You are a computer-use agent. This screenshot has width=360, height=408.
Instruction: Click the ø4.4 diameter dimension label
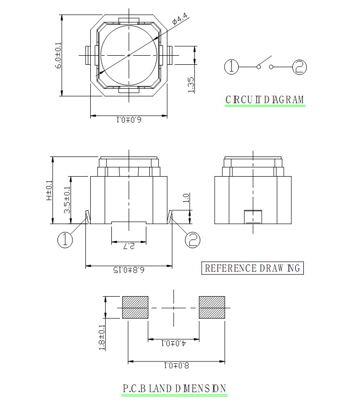(180, 18)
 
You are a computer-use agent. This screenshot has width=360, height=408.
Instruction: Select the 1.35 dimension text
(191, 84)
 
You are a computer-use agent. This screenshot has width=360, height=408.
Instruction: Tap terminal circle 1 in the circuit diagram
(231, 67)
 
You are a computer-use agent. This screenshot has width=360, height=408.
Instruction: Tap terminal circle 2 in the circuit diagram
(300, 67)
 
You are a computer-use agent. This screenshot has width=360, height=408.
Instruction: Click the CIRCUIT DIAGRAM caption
(265, 100)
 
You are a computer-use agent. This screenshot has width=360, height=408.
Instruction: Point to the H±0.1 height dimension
(49, 191)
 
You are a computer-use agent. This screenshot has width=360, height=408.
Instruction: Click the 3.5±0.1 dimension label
(67, 200)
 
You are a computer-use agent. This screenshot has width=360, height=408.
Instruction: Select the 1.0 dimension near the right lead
(186, 198)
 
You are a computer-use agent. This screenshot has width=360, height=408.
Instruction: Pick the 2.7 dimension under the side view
(129, 246)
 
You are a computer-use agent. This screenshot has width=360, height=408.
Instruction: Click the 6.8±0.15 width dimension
(129, 270)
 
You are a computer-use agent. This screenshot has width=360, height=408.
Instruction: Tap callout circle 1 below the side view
(65, 240)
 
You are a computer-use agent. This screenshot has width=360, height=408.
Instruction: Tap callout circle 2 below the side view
(193, 240)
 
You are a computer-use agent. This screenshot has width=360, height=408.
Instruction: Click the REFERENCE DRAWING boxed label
(252, 268)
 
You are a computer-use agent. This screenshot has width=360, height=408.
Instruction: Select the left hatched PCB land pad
(135, 307)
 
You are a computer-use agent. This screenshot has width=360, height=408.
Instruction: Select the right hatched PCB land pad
(212, 307)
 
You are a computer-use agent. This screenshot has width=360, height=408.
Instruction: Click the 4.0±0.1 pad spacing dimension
(174, 344)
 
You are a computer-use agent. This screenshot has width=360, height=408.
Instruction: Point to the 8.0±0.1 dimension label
(176, 366)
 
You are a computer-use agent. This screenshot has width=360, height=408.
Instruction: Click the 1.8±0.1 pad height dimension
(102, 337)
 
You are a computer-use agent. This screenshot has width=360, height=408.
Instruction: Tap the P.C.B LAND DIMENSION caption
(174, 388)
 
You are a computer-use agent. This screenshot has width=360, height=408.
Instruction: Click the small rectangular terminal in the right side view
(253, 217)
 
